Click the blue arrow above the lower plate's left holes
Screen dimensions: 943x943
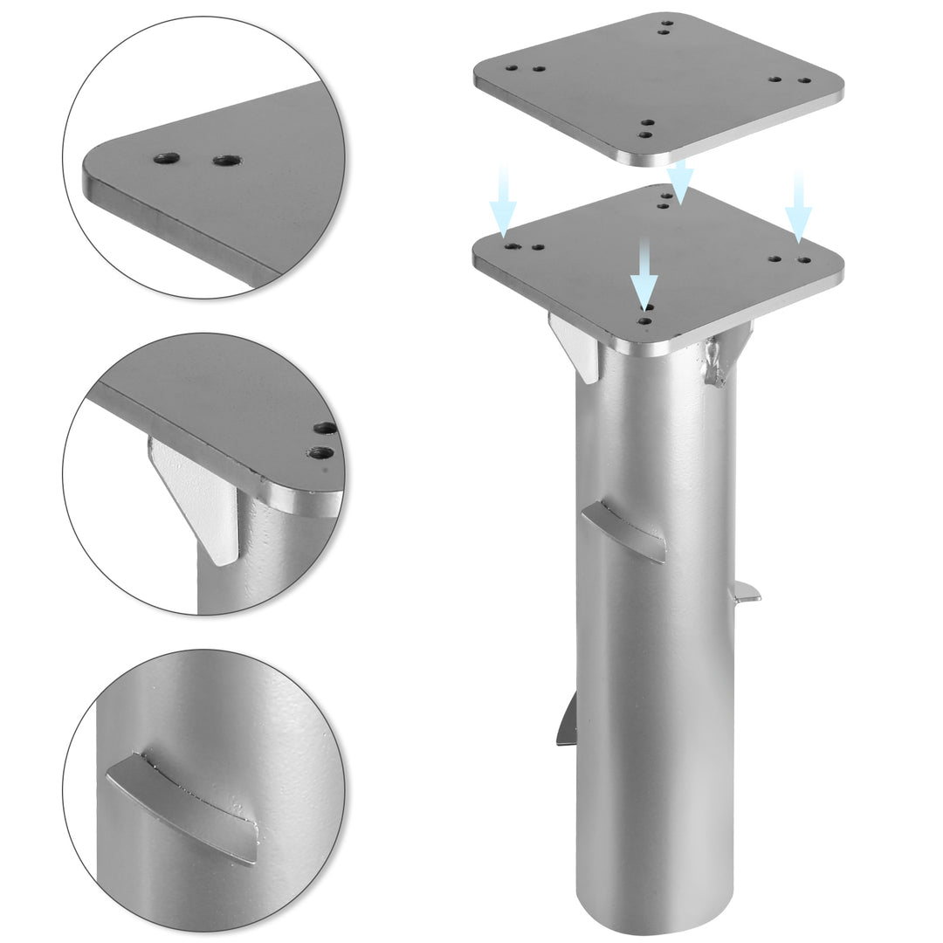[503, 203]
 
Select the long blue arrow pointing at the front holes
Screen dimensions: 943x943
[644, 274]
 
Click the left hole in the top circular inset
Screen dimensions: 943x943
[166, 159]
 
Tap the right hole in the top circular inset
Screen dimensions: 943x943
[226, 161]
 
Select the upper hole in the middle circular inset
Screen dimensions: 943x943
[326, 428]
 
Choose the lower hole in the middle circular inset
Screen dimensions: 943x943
[321, 452]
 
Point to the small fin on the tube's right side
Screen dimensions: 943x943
[744, 593]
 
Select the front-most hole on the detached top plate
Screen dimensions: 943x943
[645, 134]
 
